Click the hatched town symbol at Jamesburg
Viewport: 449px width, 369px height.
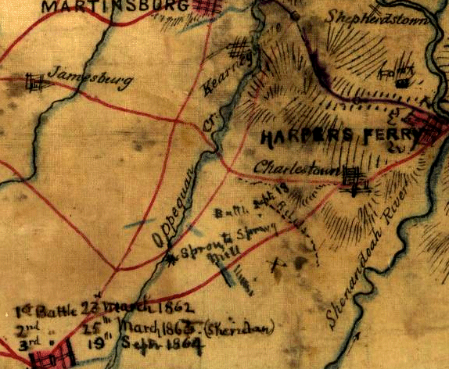(33, 81)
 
